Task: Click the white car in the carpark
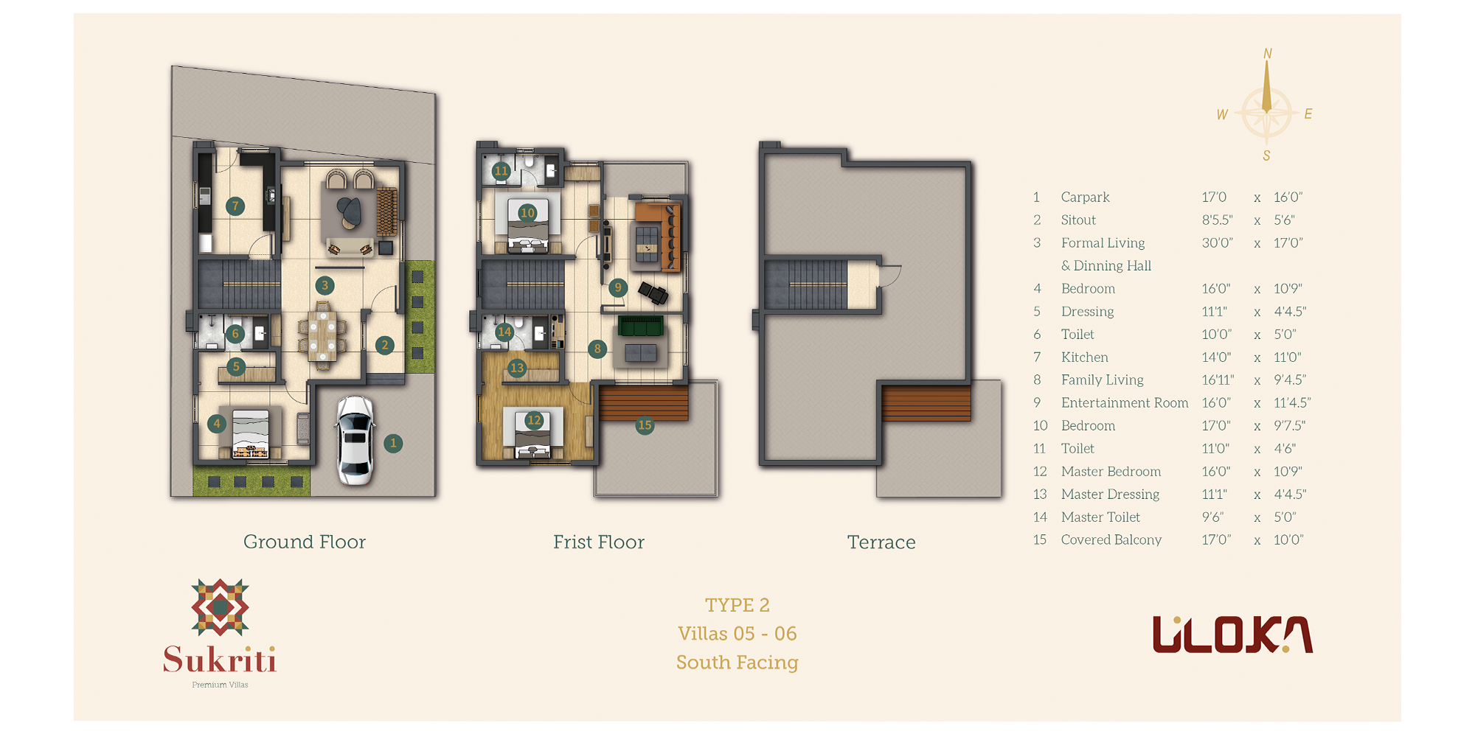[355, 441]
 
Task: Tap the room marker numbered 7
[235, 206]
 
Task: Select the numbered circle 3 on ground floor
[324, 285]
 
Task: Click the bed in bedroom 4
[250, 433]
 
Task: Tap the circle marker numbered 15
[645, 425]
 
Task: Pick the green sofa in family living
[641, 325]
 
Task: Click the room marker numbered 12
[534, 420]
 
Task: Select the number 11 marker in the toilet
[502, 171]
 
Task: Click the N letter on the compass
[1268, 54]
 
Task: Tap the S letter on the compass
[1266, 156]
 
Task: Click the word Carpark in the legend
[1085, 197]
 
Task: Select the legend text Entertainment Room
[1125, 402]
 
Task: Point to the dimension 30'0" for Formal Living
[1217, 242]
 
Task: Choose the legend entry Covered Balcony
[1111, 539]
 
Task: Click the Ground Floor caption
[305, 542]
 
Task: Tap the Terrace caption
[881, 542]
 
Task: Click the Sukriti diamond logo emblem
[220, 607]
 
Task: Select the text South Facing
[737, 663]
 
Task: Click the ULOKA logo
[1232, 635]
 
